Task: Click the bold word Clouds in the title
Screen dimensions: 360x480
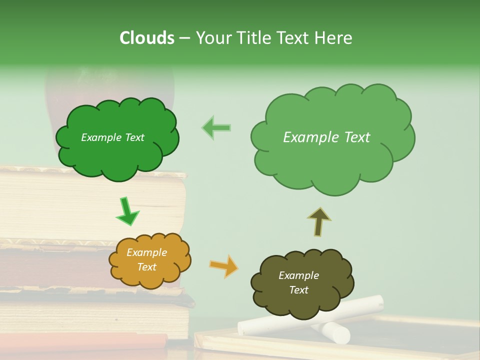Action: coord(146,37)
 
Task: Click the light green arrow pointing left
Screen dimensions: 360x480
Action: coord(216,127)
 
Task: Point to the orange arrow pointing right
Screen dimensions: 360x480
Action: coord(224,265)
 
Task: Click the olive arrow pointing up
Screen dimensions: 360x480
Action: coord(318,221)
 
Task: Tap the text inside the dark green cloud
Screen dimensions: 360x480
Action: coord(112,137)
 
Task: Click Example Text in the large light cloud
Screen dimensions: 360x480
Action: coord(326,137)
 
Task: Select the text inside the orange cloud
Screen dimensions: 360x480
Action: coord(146,259)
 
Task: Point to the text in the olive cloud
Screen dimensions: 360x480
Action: coord(298,282)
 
